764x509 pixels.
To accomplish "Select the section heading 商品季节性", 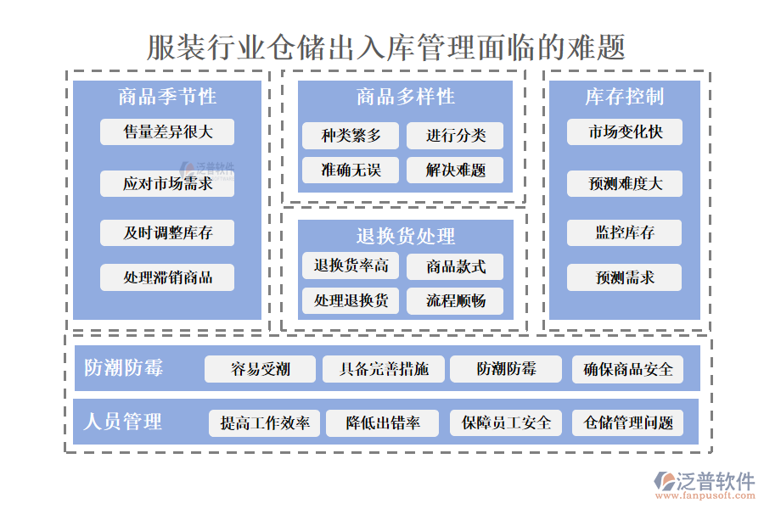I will point(167,97).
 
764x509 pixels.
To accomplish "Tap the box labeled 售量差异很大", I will point(167,132).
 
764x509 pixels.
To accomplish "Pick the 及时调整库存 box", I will point(167,233).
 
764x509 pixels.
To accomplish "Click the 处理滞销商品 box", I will point(167,277).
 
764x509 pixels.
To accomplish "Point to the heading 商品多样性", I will point(405,97).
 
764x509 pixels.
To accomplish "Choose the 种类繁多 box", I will point(351,136).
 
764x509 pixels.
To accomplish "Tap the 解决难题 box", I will point(455,171).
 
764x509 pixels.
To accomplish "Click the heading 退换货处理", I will point(405,236).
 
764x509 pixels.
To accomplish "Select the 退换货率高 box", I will point(351,266).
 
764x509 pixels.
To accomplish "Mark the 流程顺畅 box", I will point(455,301).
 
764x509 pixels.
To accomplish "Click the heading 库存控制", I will point(624,97).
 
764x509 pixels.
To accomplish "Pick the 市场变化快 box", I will point(624,132).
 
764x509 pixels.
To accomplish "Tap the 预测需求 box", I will point(624,277).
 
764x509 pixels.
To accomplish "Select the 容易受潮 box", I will point(261,369).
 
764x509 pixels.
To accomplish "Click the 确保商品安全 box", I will point(627,369).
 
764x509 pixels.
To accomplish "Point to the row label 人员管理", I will point(123,422).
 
